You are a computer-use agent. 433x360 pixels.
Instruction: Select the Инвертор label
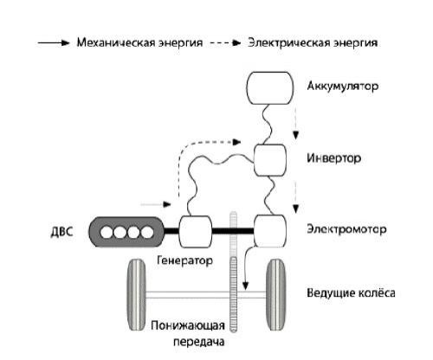(333, 159)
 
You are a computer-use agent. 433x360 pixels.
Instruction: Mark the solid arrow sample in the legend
(52, 42)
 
